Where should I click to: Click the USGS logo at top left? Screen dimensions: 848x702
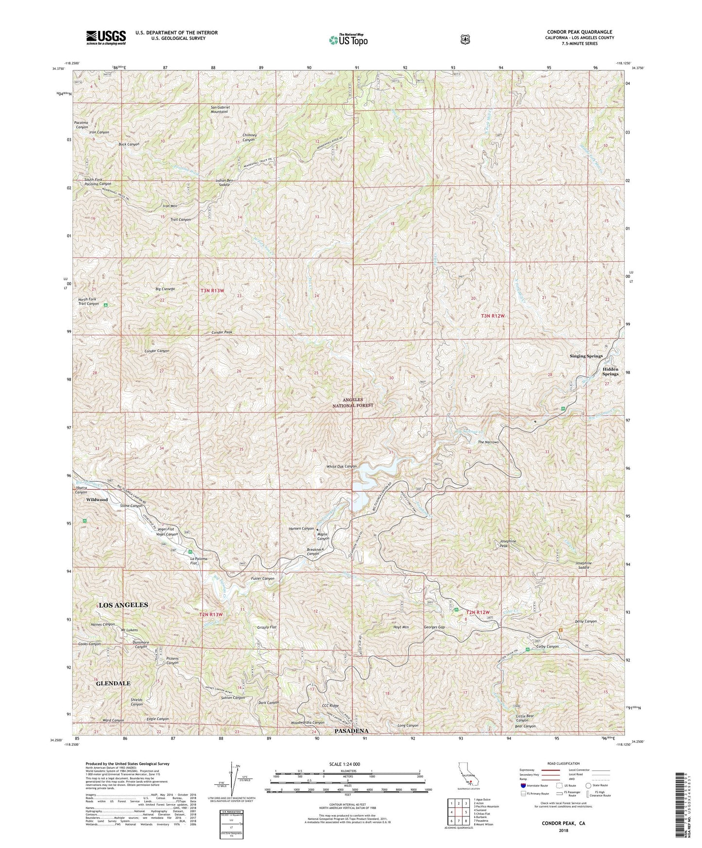pos(106,37)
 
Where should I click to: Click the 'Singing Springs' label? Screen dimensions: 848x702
pos(586,356)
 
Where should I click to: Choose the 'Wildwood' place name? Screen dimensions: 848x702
pos(97,499)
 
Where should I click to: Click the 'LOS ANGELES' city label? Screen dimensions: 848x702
pos(123,605)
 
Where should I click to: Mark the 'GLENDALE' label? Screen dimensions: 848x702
pos(113,683)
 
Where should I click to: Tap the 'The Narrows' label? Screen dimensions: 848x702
pos(488,442)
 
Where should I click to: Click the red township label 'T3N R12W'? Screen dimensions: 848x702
pos(493,316)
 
